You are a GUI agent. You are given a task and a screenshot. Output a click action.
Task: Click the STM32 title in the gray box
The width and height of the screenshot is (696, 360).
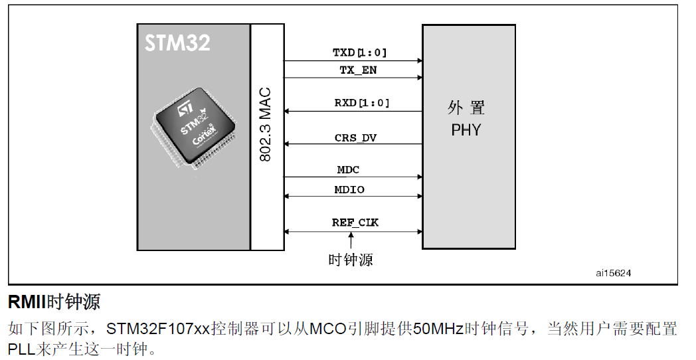177,43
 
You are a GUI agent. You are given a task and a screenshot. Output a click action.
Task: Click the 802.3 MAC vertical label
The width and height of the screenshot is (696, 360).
266,126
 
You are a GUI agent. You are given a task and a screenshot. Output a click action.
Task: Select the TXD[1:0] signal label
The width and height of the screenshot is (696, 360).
359,52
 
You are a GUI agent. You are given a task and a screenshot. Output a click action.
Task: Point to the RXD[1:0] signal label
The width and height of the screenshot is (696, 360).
361,103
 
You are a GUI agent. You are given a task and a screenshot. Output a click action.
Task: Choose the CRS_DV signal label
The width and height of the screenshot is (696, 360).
355,137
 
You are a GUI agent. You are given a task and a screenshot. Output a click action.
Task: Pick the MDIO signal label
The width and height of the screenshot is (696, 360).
349,189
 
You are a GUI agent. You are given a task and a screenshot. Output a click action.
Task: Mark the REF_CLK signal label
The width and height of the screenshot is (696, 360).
355,223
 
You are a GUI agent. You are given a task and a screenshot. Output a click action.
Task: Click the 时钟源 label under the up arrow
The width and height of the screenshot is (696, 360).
351,260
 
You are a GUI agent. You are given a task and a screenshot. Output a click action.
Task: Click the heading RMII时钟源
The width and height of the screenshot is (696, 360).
54,302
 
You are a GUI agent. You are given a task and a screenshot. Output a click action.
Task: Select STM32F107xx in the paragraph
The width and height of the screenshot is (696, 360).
158,328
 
